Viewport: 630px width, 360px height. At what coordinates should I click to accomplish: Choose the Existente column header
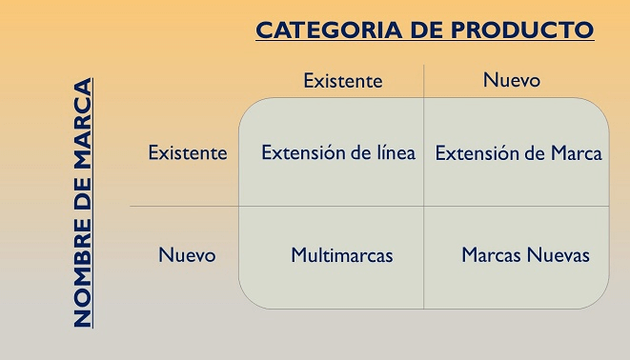click(x=343, y=81)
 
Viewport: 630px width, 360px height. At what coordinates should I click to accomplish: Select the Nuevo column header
click(x=512, y=80)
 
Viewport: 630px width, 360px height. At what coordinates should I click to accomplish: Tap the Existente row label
click(x=188, y=152)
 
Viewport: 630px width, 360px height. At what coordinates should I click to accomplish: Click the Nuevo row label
click(x=187, y=255)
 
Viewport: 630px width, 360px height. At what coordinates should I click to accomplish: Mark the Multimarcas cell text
click(x=342, y=255)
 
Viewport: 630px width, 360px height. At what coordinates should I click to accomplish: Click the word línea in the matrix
click(x=393, y=152)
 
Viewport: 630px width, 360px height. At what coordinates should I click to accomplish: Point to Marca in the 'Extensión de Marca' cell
click(x=575, y=153)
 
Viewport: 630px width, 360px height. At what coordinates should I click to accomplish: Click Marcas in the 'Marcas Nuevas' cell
click(x=491, y=255)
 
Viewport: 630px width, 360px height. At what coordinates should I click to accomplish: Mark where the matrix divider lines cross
click(x=424, y=206)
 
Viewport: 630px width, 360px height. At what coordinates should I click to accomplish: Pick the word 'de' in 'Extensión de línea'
click(x=356, y=152)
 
